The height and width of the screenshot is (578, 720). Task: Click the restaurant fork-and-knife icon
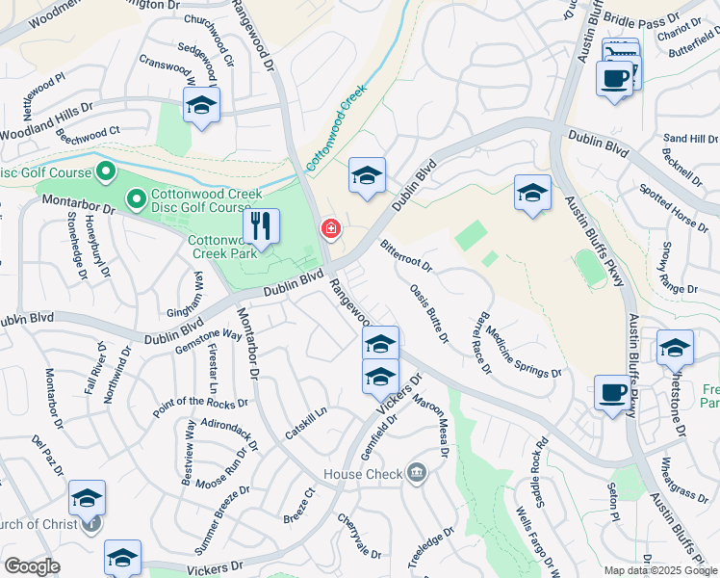(260, 227)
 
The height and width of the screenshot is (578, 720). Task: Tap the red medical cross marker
(329, 229)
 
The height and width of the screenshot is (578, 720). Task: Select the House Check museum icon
(417, 472)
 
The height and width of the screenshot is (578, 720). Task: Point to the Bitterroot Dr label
(405, 255)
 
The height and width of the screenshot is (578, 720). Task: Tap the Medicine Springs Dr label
(523, 352)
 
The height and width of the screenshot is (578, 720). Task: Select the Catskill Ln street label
(306, 423)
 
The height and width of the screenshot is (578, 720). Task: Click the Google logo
(32, 565)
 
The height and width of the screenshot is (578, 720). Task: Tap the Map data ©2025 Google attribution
(660, 570)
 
